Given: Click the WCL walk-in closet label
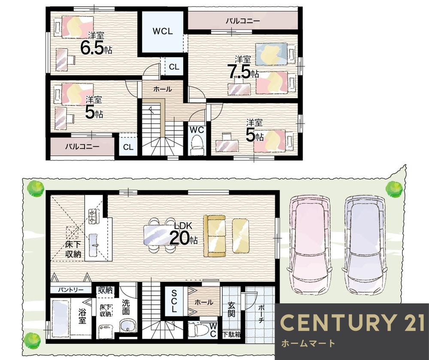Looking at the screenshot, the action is [163, 31].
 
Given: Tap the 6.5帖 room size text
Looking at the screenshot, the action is [96, 48].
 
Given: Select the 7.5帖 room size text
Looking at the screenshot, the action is [243, 72].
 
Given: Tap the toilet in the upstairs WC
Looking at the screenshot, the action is [197, 145].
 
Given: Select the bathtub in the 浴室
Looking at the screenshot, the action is [61, 318].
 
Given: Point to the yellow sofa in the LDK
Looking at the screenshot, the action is [215, 236].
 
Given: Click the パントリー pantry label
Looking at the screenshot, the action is [71, 290].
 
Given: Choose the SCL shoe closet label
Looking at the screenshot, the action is [174, 301].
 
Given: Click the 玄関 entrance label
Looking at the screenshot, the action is [232, 309].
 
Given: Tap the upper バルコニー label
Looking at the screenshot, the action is [243, 21].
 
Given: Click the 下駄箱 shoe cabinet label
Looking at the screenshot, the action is [232, 334].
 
